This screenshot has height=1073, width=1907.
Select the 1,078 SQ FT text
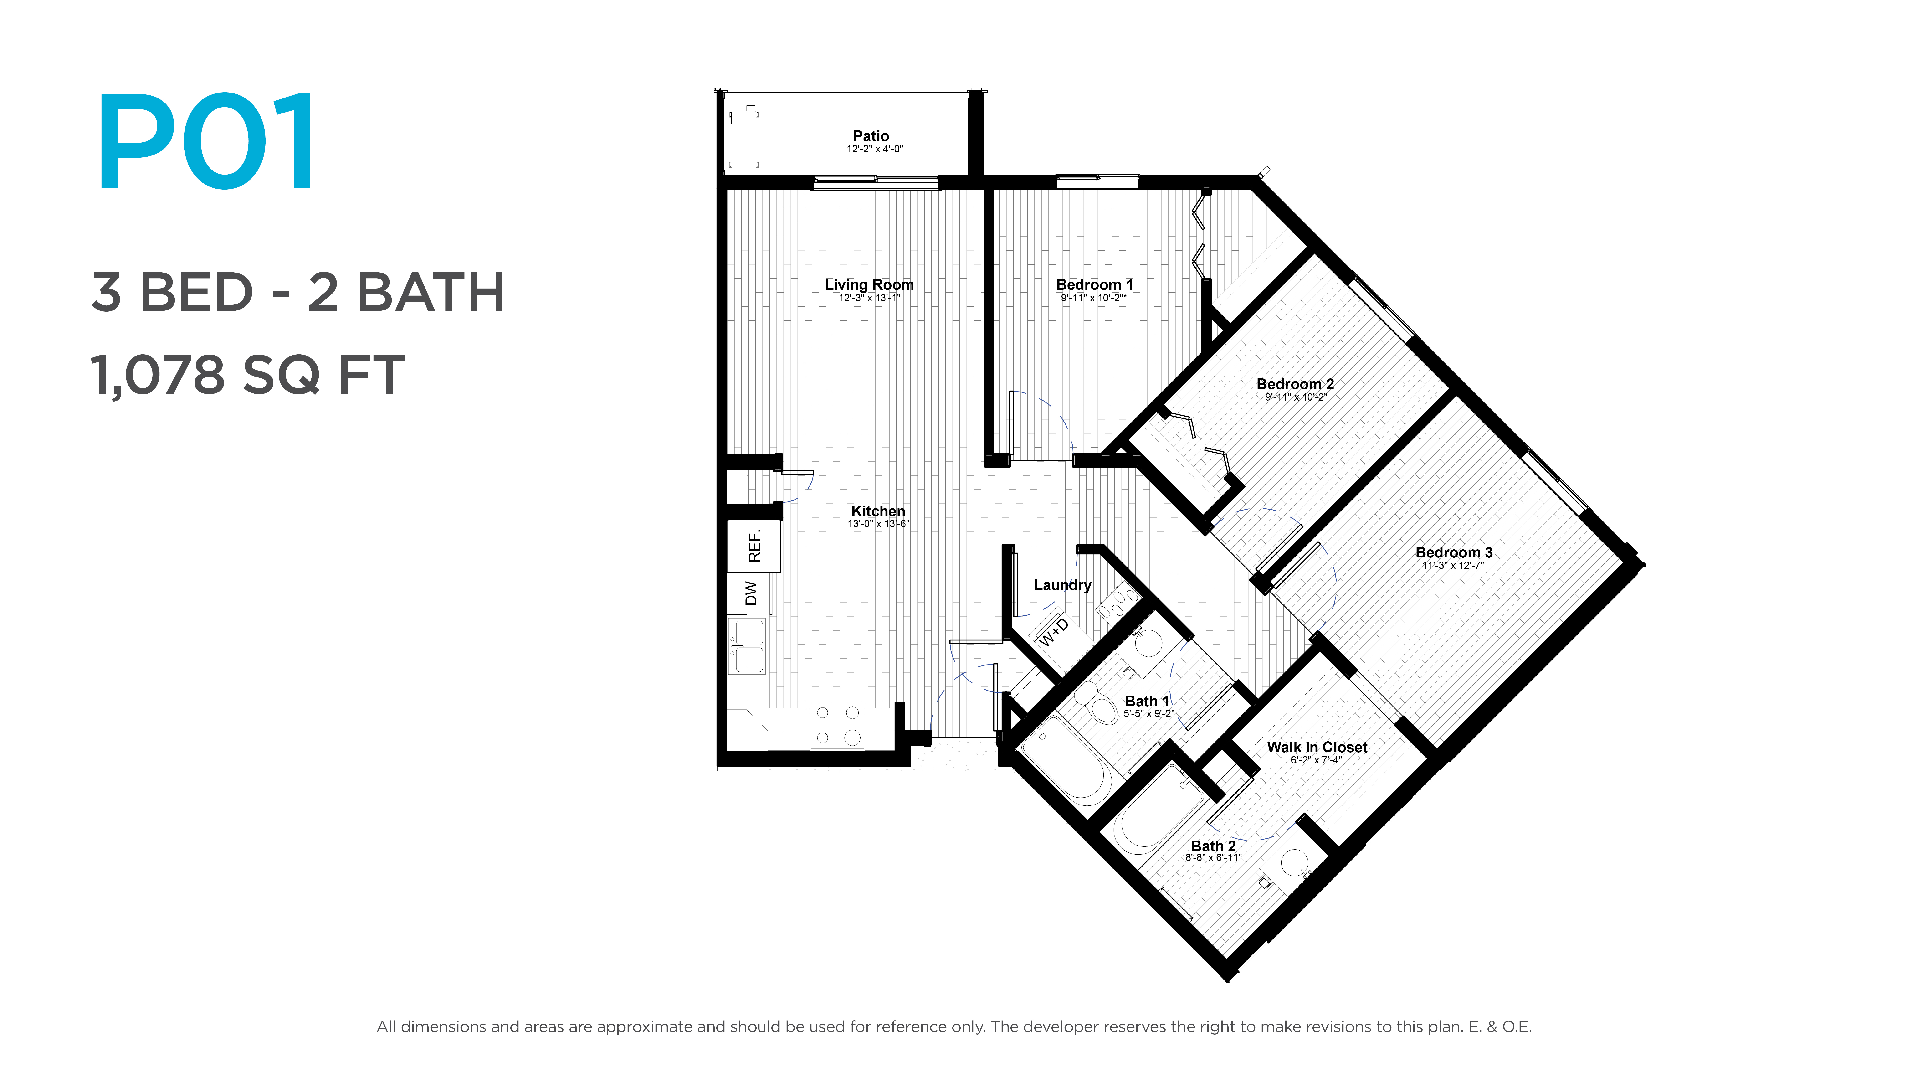coord(247,375)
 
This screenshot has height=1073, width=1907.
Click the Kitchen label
coord(878,511)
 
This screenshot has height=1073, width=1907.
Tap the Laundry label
coord(1062,585)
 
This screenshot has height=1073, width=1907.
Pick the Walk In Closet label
coord(1317,747)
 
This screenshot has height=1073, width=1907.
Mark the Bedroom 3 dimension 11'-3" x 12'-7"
coord(1452,565)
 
